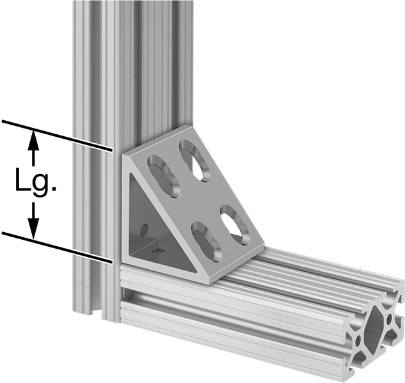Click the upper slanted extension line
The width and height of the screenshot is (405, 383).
pyautogui.click(x=57, y=135)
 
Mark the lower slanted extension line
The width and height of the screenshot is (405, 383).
pyautogui.click(x=57, y=247)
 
